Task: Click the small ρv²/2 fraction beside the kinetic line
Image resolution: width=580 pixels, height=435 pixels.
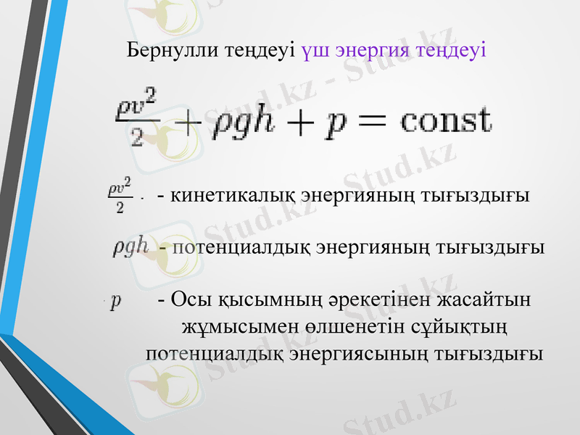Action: [120, 195]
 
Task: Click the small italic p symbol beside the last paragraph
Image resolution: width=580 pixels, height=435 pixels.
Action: [116, 299]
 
